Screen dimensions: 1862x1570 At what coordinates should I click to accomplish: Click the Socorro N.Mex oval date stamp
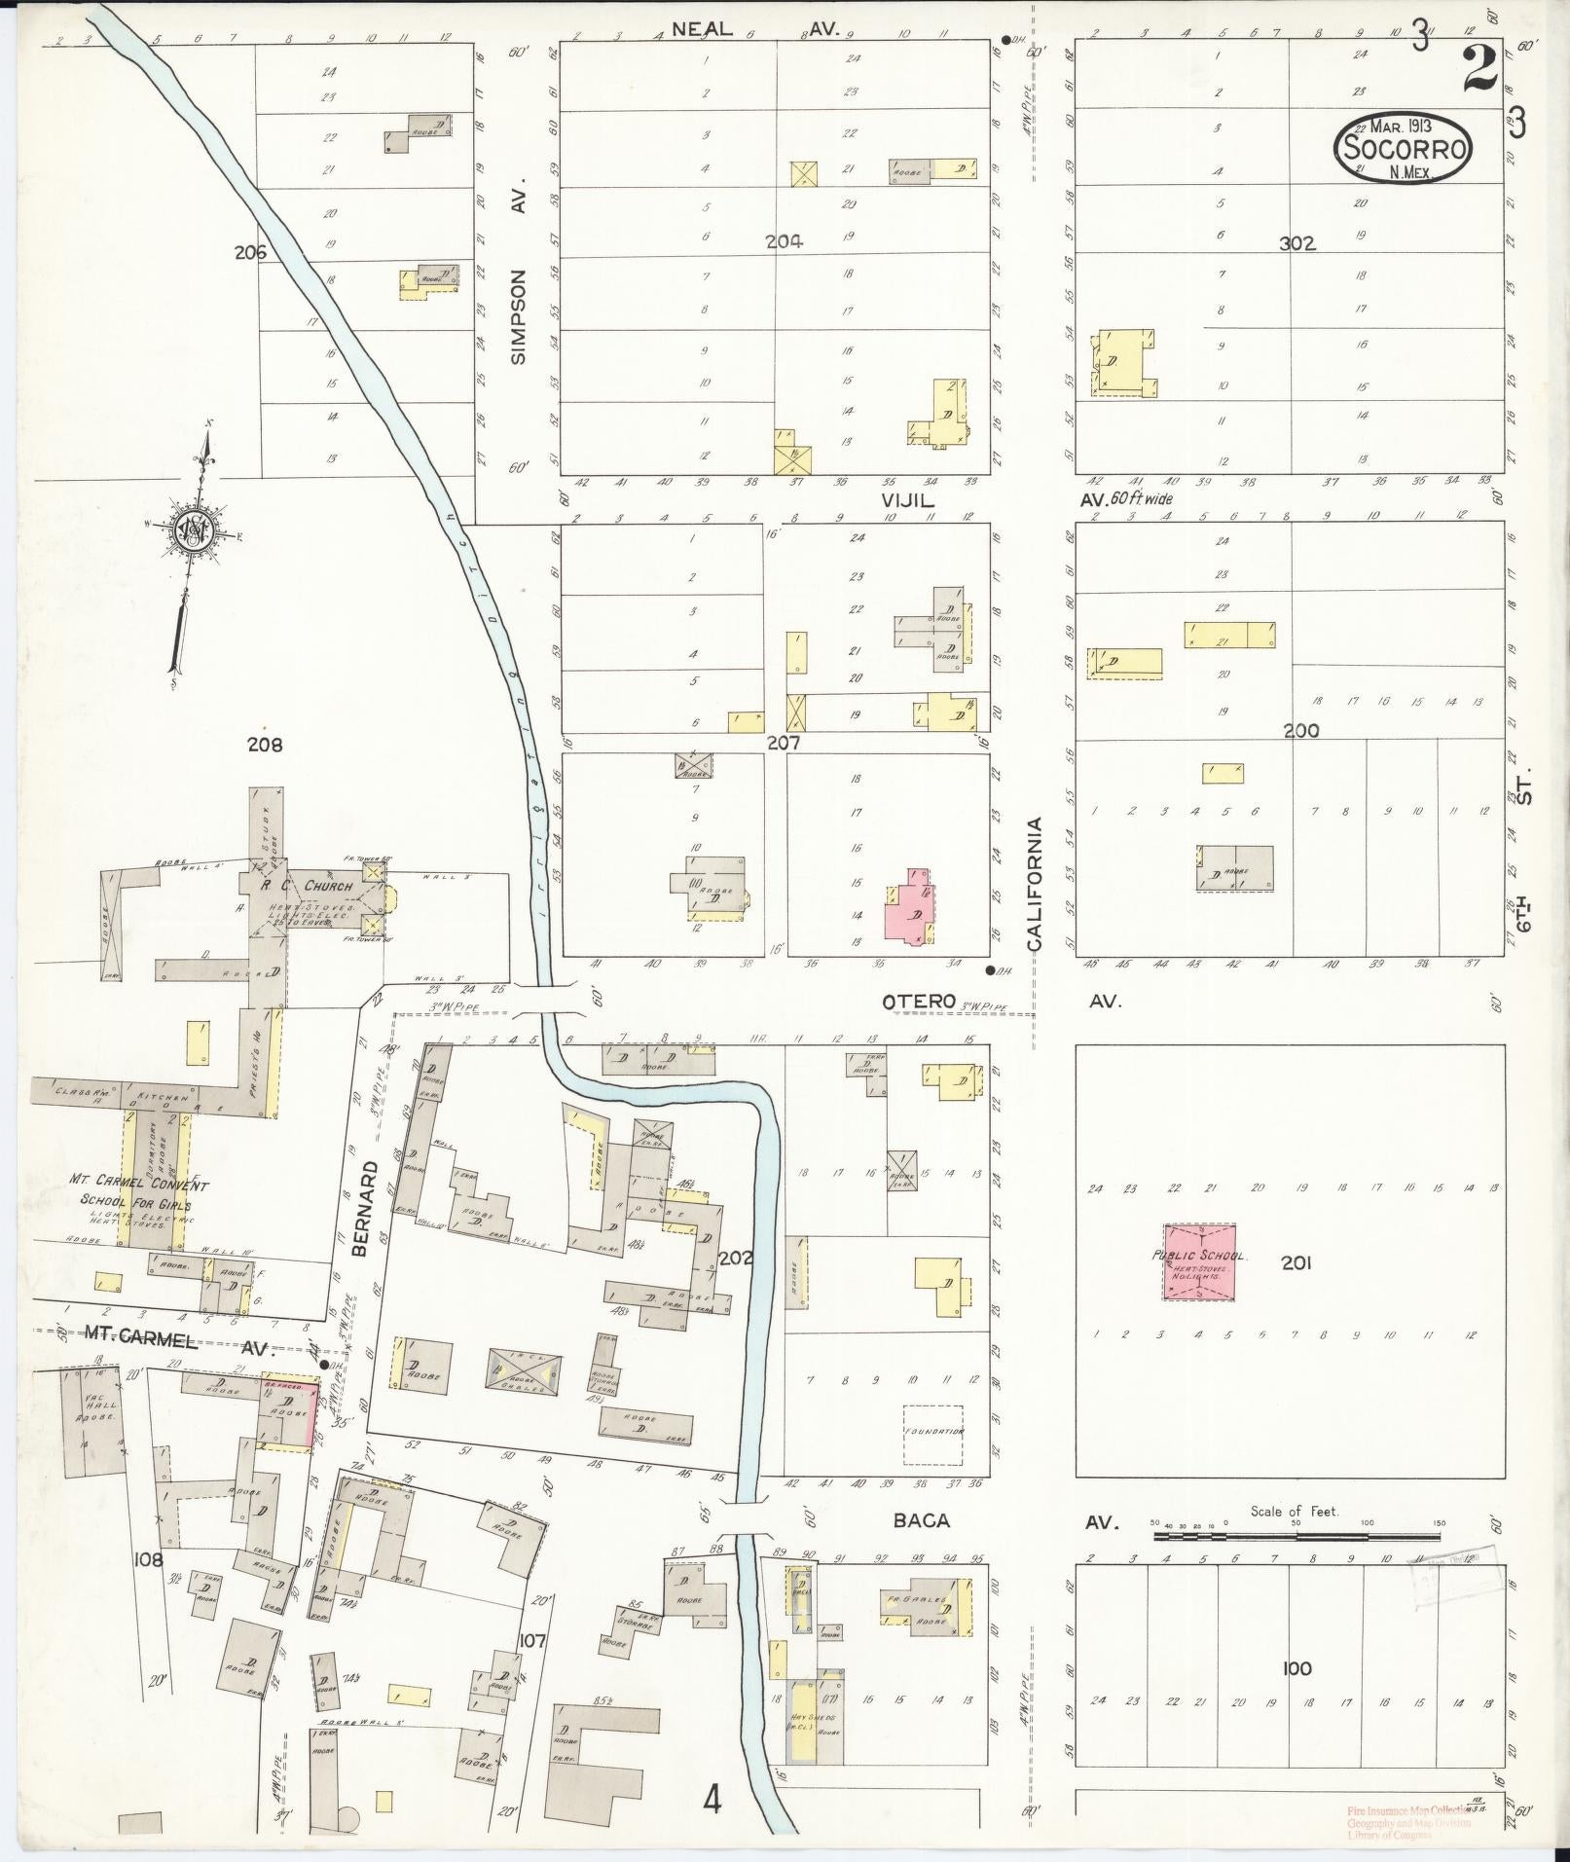tap(1403, 146)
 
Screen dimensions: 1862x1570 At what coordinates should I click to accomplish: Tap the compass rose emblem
tap(191, 529)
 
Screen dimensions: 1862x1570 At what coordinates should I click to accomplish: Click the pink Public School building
tap(1200, 1262)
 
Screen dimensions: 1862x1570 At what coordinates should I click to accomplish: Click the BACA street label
tap(921, 1519)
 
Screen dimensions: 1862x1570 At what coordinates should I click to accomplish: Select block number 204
tap(783, 242)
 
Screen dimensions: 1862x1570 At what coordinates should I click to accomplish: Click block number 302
tap(1297, 243)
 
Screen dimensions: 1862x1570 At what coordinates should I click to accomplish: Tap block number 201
tap(1296, 1263)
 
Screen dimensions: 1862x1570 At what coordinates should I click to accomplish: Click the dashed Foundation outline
tap(933, 1435)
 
